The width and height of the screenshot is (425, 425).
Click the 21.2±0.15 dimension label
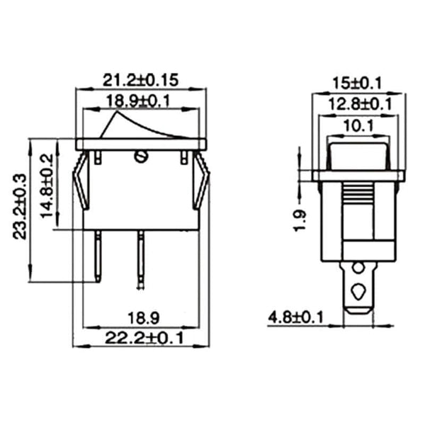point(140,78)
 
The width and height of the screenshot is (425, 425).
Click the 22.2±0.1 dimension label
point(142,339)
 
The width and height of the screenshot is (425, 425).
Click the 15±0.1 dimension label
point(359,83)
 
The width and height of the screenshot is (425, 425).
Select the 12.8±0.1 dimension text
point(359,104)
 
